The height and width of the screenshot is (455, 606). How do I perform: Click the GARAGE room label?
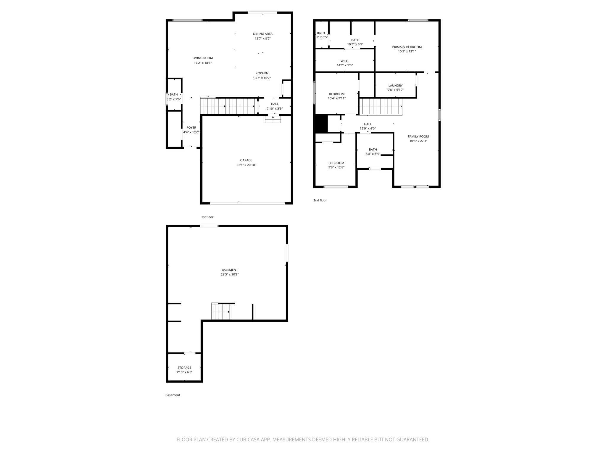pyautogui.click(x=246, y=160)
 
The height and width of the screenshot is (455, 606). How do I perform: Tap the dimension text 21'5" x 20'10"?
pyautogui.click(x=246, y=165)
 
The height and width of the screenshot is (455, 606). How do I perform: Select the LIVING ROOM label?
pyautogui.click(x=203, y=58)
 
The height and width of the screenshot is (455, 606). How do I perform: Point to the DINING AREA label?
pyautogui.click(x=263, y=34)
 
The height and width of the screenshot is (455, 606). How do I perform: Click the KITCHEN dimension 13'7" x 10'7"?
pyautogui.click(x=262, y=78)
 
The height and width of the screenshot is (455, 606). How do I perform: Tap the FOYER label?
pyautogui.click(x=191, y=128)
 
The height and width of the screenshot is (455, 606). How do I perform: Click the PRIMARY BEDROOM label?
pyautogui.click(x=407, y=47)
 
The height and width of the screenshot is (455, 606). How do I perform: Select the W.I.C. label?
pyautogui.click(x=345, y=61)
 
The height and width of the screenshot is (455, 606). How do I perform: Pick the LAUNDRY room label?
pyautogui.click(x=396, y=86)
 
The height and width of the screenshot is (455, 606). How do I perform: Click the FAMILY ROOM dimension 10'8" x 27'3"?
pyautogui.click(x=418, y=141)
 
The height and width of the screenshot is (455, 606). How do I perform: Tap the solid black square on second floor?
pyautogui.click(x=320, y=124)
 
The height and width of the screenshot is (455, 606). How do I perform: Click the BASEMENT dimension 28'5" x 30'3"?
pyautogui.click(x=230, y=275)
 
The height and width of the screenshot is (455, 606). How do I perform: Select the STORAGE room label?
pyautogui.click(x=184, y=368)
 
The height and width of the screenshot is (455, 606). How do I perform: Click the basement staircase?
pyautogui.click(x=220, y=312)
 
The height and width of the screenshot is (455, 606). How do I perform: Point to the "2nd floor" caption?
pyautogui.click(x=320, y=201)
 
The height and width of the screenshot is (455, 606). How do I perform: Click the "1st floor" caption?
pyautogui.click(x=207, y=217)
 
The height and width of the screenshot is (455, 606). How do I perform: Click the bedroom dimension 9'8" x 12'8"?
pyautogui.click(x=336, y=167)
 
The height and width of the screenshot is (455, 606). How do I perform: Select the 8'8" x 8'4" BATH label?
pyautogui.click(x=373, y=150)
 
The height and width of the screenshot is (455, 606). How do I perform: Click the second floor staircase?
pyautogui.click(x=381, y=107)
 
